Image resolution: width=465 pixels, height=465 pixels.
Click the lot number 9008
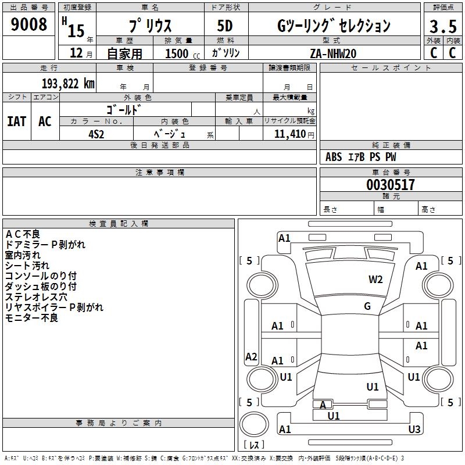(29, 24)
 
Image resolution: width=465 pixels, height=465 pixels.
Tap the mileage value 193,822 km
(68, 84)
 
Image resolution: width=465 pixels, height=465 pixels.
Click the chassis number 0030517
(391, 185)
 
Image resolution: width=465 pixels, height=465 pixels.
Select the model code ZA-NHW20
(333, 53)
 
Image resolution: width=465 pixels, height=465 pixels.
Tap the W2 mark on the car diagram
(375, 280)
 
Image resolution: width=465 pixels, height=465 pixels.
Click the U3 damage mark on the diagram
(414, 430)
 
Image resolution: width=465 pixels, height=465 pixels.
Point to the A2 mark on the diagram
(251, 357)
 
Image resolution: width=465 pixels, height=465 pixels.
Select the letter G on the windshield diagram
(367, 306)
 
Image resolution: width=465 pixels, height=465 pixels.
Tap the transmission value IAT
(17, 121)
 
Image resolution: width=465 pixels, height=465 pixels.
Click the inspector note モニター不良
(31, 318)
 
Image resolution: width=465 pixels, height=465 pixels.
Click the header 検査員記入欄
(119, 224)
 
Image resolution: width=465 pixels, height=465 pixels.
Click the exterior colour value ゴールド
(124, 109)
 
